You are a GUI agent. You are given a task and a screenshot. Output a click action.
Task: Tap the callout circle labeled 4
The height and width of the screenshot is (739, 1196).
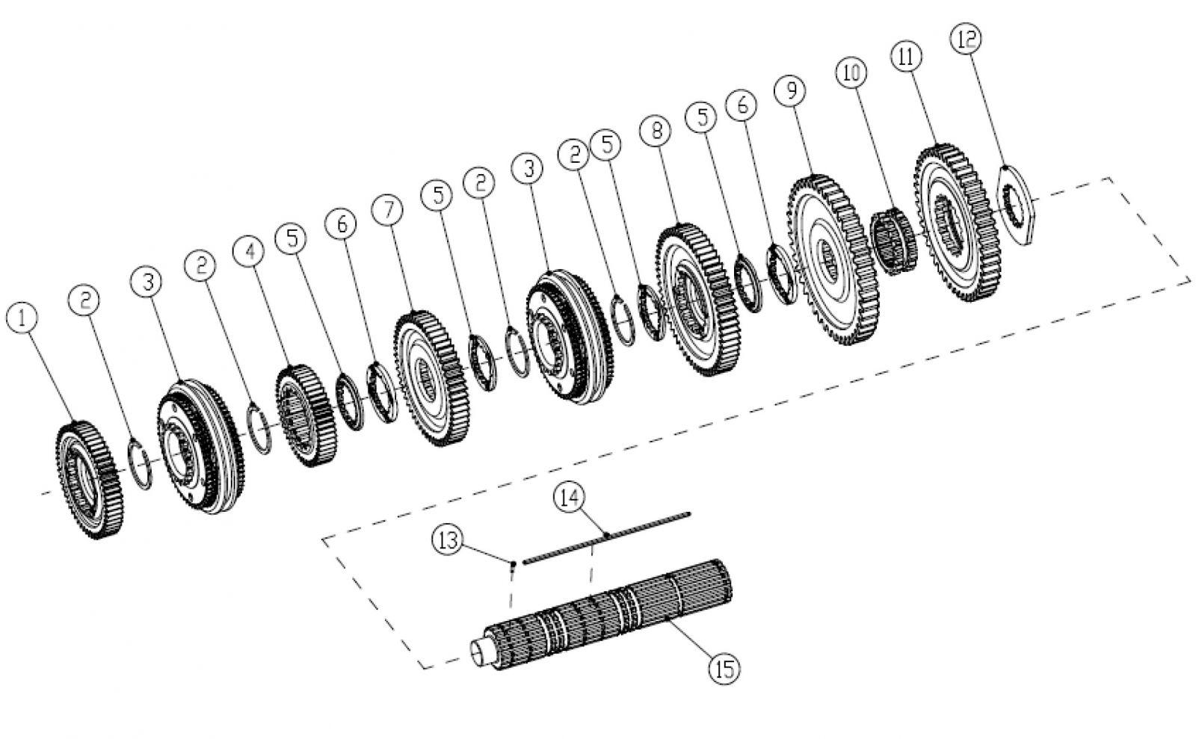coord(249,251)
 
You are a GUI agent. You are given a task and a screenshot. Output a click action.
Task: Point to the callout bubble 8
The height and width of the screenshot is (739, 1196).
coord(656,132)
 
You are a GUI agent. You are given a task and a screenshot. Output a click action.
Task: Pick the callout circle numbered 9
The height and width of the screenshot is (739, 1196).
coord(791,90)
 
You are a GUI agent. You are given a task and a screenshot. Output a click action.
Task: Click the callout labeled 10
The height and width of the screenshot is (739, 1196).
coord(851,72)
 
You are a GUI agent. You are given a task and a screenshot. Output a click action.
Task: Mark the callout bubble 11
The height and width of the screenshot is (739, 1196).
coord(906,56)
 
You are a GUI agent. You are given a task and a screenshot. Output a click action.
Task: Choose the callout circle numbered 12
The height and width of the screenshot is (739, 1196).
coord(965,40)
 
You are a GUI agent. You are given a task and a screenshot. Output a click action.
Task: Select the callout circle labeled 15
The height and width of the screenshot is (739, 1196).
coord(722,667)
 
